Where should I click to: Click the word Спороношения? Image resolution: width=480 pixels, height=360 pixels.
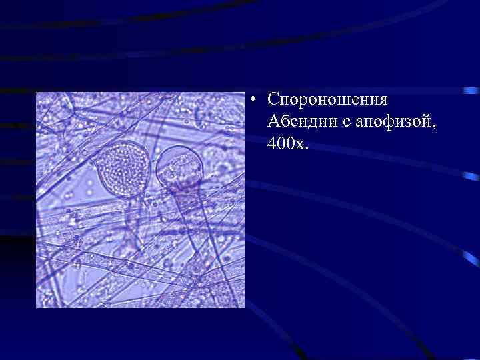click(327, 99)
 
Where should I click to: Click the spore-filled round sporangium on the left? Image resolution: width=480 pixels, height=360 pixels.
click(119, 167)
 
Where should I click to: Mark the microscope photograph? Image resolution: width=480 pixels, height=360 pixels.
click(141, 200)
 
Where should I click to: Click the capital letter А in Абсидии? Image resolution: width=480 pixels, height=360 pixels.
click(273, 121)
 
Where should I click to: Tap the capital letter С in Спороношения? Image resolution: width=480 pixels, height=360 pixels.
click(273, 99)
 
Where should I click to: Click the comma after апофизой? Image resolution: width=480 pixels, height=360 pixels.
click(417, 127)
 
